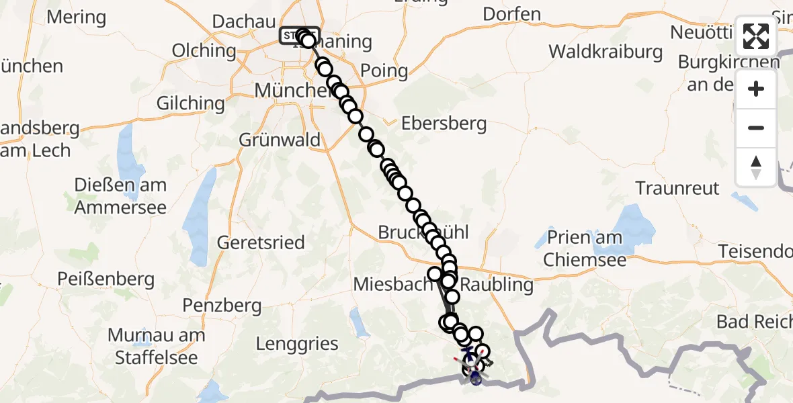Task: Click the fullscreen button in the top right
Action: coord(756,36)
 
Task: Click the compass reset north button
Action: coord(756,167)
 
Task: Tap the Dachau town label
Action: coord(244,21)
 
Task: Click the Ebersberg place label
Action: coord(444,124)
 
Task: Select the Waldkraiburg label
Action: coord(606,52)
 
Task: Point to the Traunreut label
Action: coord(677,188)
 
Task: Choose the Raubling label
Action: coord(497,285)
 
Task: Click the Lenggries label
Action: coord(297,344)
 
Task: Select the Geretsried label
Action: coord(261,242)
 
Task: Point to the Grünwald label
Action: coord(280,140)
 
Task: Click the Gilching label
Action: coord(190,103)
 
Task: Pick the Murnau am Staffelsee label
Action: coord(157,346)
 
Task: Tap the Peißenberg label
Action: coord(106,279)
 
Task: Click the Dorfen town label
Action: coord(511,14)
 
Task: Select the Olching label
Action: coord(204,50)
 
